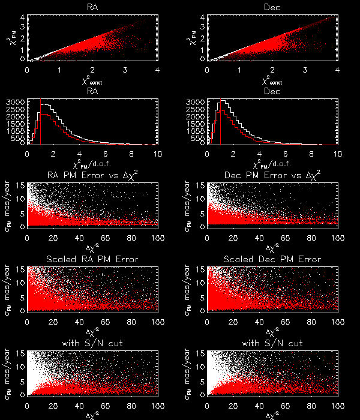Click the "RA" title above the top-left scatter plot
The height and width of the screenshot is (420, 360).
click(92, 7)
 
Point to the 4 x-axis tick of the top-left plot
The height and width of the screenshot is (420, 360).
click(157, 70)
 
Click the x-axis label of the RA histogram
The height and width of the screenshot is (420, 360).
click(93, 164)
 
